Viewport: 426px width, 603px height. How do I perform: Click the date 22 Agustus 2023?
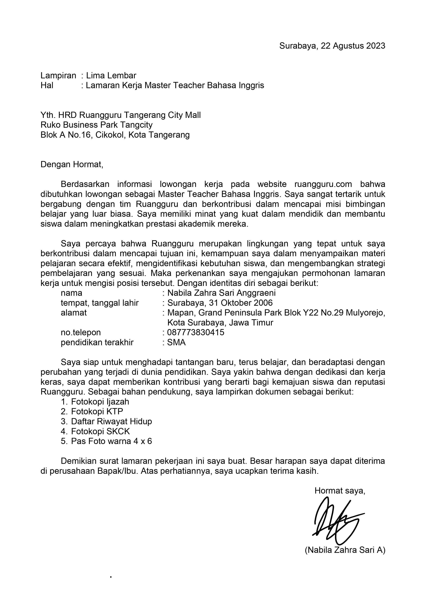click(353, 46)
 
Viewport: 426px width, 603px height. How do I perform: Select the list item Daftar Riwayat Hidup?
click(111, 422)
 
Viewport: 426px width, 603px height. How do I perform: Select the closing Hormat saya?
click(340, 491)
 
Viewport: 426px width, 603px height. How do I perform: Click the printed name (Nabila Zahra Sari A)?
click(345, 550)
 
